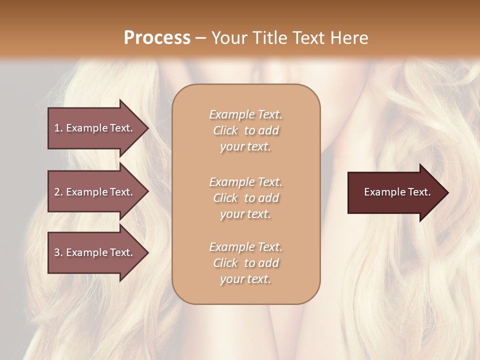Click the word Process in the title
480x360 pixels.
coord(157,37)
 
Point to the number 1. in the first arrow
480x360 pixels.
coord(58,128)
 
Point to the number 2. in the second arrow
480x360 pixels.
coord(58,192)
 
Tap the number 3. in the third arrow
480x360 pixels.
coord(58,252)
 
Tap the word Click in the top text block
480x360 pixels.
coord(225,131)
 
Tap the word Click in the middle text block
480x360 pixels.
coord(225,198)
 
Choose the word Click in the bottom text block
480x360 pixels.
coord(225,263)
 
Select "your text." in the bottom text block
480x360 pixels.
coord(245,279)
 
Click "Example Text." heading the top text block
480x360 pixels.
coord(245,114)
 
